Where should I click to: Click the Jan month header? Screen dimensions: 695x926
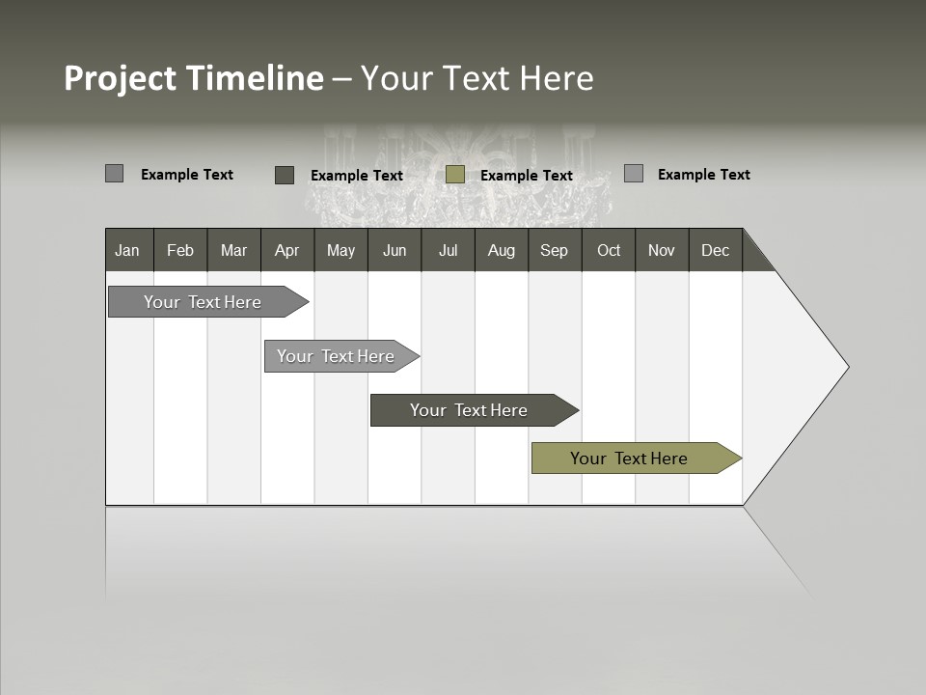tap(128, 250)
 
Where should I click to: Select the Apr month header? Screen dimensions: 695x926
tap(286, 250)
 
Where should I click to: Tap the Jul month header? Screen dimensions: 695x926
tap(448, 250)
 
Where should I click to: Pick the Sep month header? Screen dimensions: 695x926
tap(554, 250)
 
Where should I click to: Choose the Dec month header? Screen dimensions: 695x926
tap(715, 250)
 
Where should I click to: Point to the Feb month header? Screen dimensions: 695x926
tap(180, 250)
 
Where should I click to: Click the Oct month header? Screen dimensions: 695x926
tap(609, 250)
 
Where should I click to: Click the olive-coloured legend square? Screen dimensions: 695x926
tap(455, 175)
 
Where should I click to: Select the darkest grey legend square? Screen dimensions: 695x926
tap(285, 175)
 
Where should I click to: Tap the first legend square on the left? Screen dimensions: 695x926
tap(114, 174)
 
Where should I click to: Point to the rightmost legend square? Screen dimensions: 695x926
tap(634, 174)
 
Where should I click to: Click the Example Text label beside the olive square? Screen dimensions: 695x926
tap(526, 176)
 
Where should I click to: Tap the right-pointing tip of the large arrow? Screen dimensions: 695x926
tap(845, 367)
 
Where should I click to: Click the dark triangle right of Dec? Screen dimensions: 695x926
tap(754, 256)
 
